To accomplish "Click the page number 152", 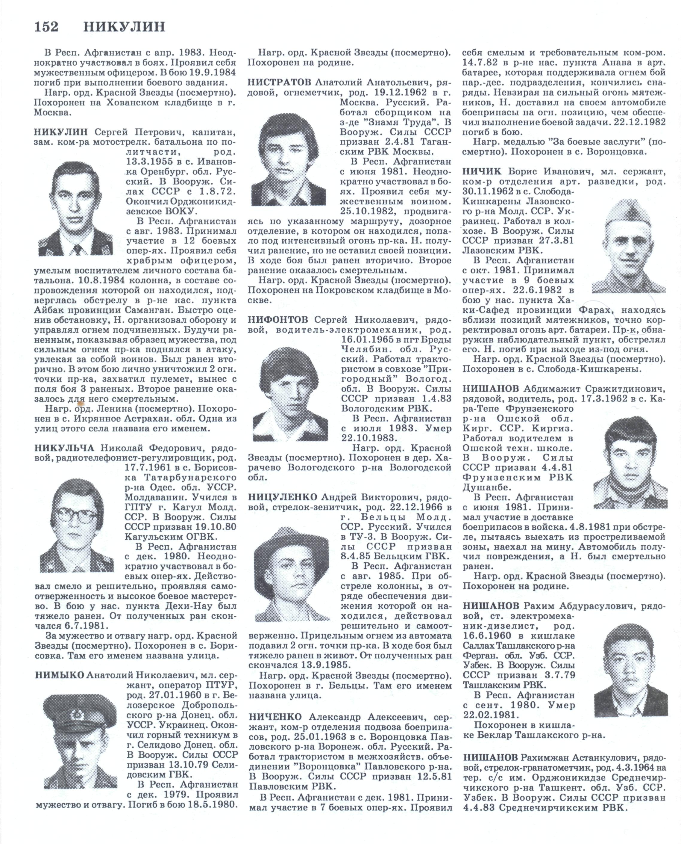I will (46, 27).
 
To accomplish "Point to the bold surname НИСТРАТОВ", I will (279, 82).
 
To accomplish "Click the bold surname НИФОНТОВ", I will (278, 320).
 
